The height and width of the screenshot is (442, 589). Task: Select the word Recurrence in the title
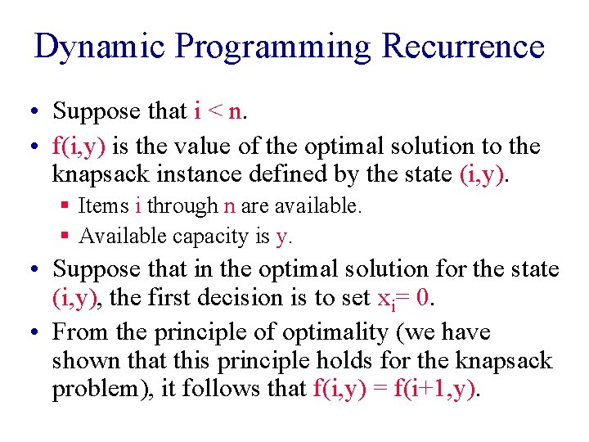(463, 47)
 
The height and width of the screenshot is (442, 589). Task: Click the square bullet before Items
(65, 206)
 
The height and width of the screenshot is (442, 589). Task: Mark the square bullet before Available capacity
(65, 237)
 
